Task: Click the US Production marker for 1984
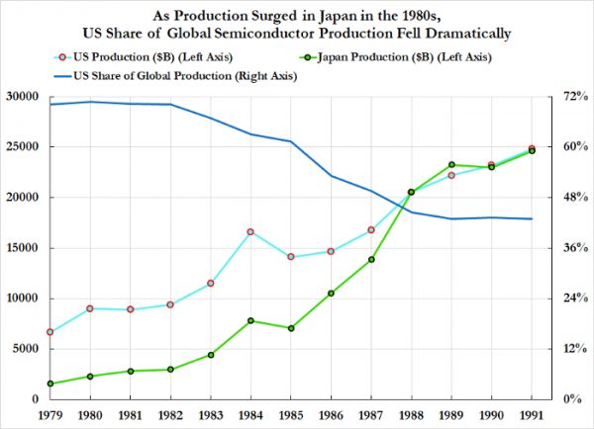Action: (x=251, y=231)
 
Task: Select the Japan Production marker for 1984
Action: (x=251, y=320)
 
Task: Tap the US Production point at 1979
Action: (x=49, y=332)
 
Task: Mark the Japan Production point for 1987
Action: (x=371, y=259)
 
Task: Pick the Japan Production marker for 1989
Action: (x=451, y=165)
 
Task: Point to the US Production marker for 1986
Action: (x=331, y=251)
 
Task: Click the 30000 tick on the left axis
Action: (x=22, y=97)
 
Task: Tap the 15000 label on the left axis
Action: (x=22, y=248)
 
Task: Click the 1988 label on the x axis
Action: (x=412, y=415)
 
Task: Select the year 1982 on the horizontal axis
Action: (x=170, y=415)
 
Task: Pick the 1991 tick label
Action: (x=532, y=415)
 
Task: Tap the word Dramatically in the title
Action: (x=456, y=33)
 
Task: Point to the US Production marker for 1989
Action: (x=451, y=175)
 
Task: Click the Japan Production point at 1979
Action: (x=49, y=384)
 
